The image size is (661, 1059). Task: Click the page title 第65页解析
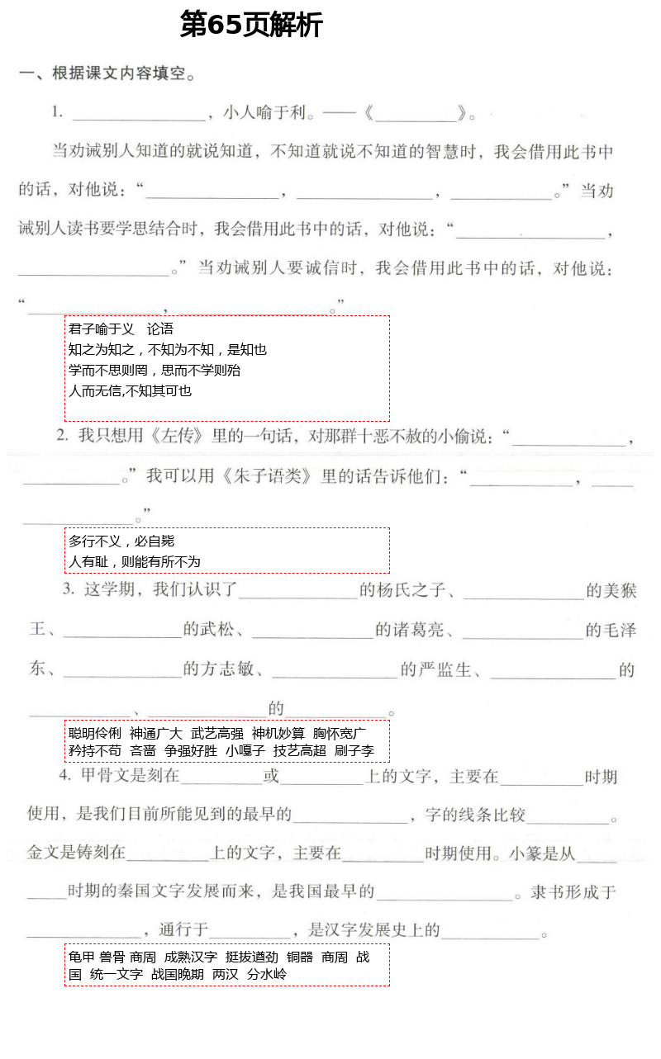coord(250,26)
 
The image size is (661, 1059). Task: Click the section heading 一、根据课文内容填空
coord(107,73)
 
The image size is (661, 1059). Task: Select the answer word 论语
coord(160,329)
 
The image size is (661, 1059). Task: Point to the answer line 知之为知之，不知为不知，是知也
coord(167,350)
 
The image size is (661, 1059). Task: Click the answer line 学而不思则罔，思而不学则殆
coord(155,371)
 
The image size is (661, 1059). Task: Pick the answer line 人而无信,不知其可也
coord(130,391)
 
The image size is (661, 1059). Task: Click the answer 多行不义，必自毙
coord(121,541)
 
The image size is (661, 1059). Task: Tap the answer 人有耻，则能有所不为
coord(134,562)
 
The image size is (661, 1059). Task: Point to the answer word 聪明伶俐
coord(94,733)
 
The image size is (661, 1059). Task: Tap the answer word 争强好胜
coord(191,751)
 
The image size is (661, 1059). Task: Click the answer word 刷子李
coord(354,751)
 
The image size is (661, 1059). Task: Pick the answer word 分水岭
coord(267,975)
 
